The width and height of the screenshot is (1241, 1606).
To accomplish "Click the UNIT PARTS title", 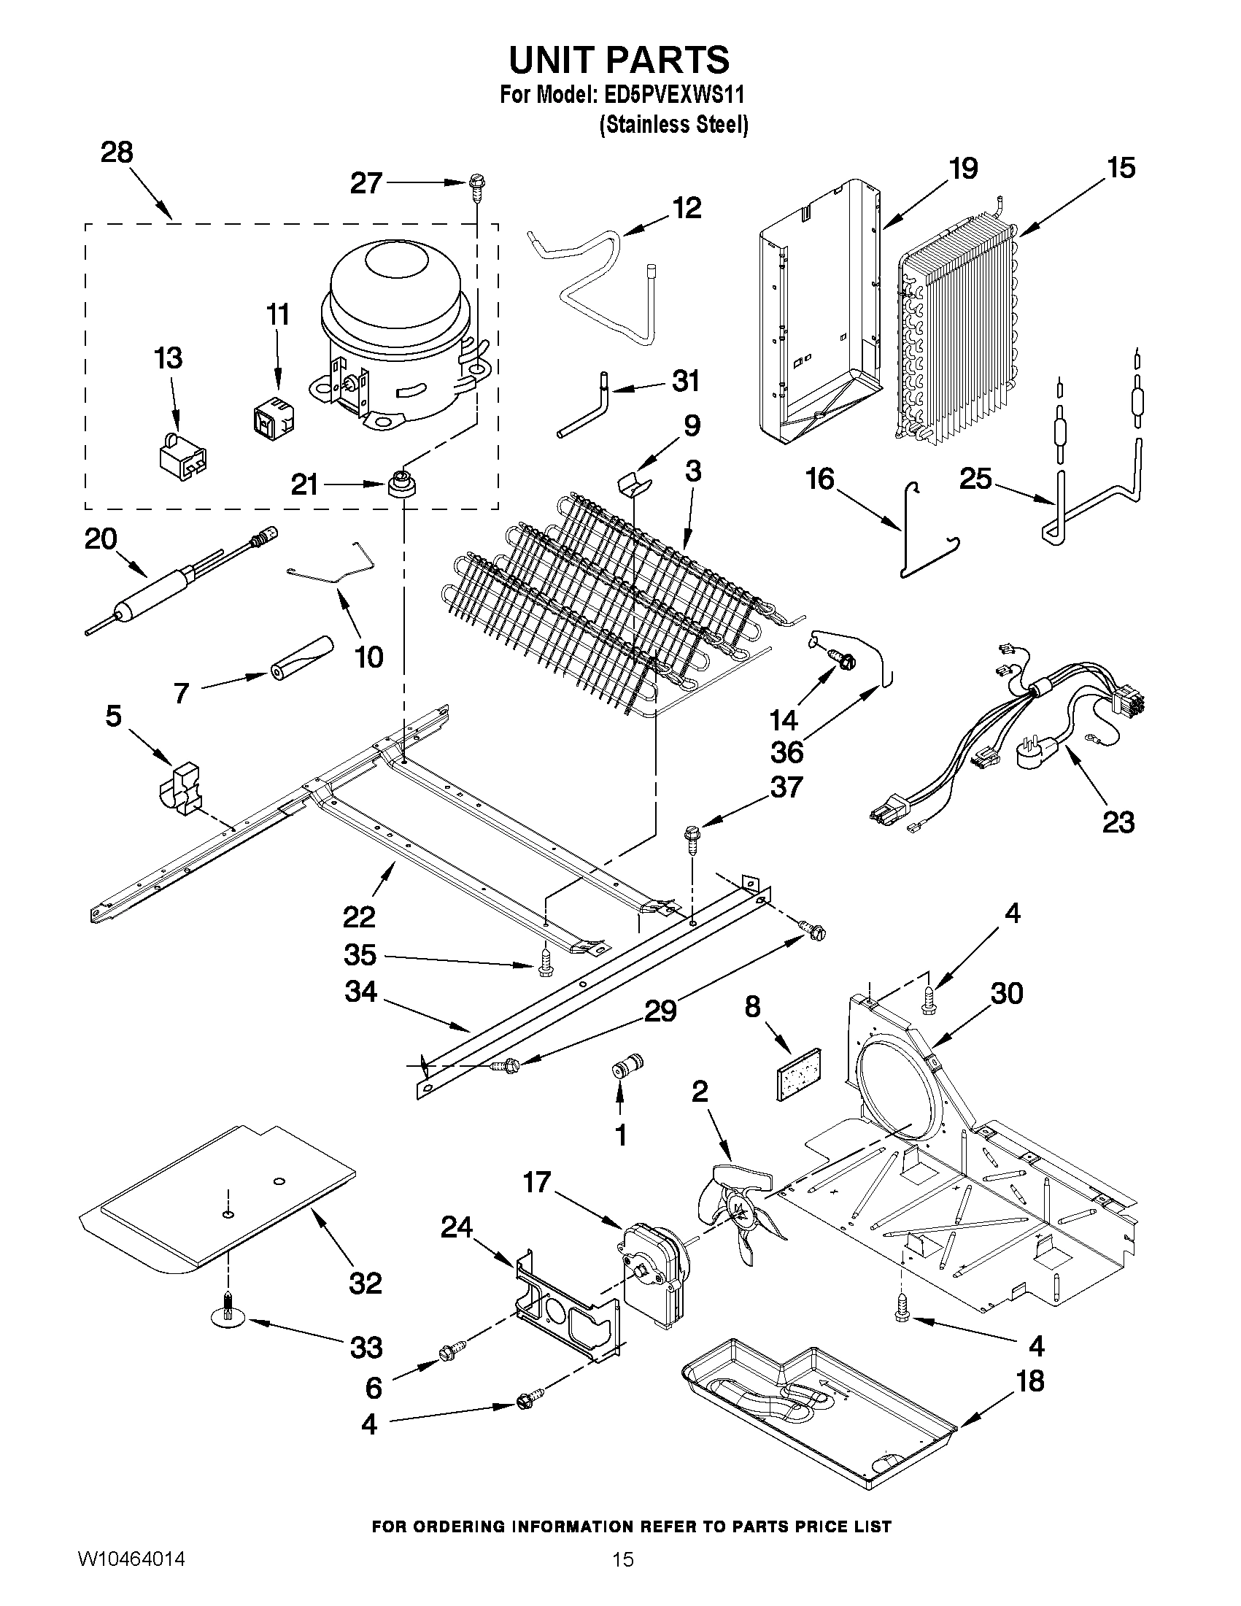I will coord(619,60).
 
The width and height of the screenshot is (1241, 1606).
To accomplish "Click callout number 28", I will coord(117,153).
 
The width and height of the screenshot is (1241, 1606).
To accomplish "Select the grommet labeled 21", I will coord(400,485).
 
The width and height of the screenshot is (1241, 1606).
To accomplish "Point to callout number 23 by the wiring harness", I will coord(1118,822).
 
